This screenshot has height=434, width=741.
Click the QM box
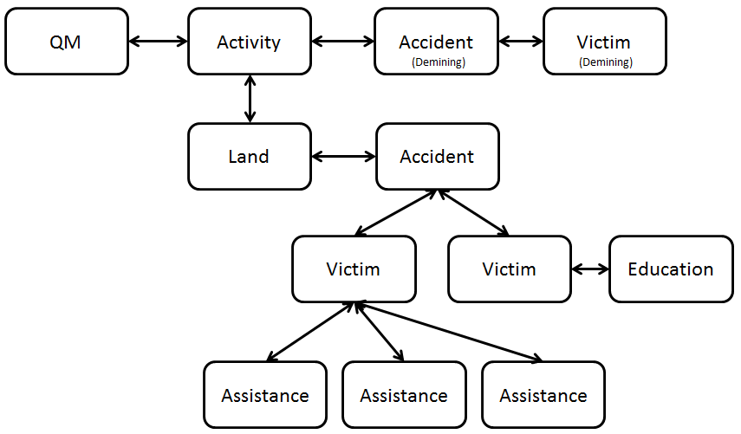pyautogui.click(x=66, y=42)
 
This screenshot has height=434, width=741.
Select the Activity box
pyautogui.click(x=250, y=42)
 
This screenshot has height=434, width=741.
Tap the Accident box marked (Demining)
pyautogui.click(x=436, y=42)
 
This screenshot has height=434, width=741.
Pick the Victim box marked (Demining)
pyautogui.click(x=604, y=42)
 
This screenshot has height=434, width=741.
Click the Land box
pyautogui.click(x=250, y=157)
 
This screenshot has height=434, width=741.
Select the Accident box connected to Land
pyautogui.click(x=437, y=157)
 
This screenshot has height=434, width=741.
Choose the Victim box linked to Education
pyautogui.click(x=510, y=269)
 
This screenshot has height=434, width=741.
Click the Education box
pyautogui.click(x=671, y=269)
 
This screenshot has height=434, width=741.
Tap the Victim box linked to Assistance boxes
pyautogui.click(x=354, y=269)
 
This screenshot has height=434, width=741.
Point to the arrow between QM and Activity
pyautogui.click(x=158, y=41)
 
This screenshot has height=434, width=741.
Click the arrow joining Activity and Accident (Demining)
pyautogui.click(x=342, y=41)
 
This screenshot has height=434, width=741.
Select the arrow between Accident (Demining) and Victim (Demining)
pyautogui.click(x=521, y=41)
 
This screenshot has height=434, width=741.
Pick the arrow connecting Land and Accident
pyautogui.click(x=343, y=157)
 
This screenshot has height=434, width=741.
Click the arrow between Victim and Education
pyautogui.click(x=591, y=269)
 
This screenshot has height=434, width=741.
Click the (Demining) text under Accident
pyautogui.click(x=437, y=62)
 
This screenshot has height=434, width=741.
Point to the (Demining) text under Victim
pyautogui.click(x=605, y=62)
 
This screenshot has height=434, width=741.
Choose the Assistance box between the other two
pyautogui.click(x=404, y=396)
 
